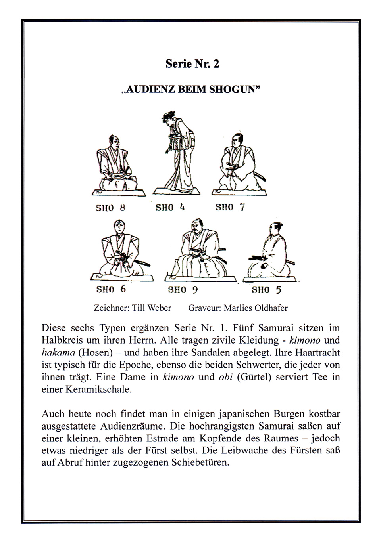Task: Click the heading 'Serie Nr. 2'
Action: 192,64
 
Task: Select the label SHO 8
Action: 110,208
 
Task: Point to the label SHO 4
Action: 170,207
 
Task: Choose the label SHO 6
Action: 111,289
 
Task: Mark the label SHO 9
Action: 183,290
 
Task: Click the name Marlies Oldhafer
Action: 256,308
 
